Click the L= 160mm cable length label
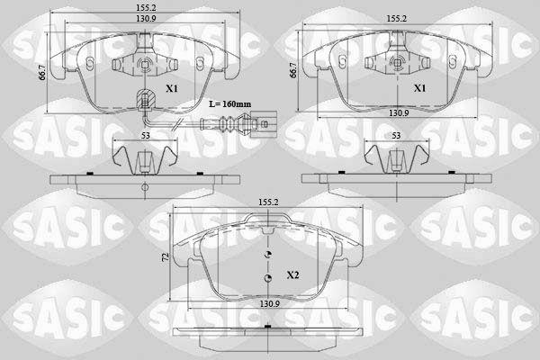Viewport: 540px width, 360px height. [230, 103]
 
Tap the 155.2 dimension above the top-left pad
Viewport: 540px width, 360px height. [146, 7]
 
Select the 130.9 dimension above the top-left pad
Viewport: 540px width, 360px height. [146, 19]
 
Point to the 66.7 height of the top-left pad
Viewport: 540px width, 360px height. [42, 73]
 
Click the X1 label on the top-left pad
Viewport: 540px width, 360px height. [172, 88]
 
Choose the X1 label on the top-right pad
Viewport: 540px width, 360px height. [419, 88]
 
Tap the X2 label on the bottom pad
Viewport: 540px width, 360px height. [293, 274]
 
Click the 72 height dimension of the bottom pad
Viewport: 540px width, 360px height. [166, 257]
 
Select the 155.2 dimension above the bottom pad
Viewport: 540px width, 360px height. [268, 202]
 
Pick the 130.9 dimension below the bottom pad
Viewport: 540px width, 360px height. [269, 303]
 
